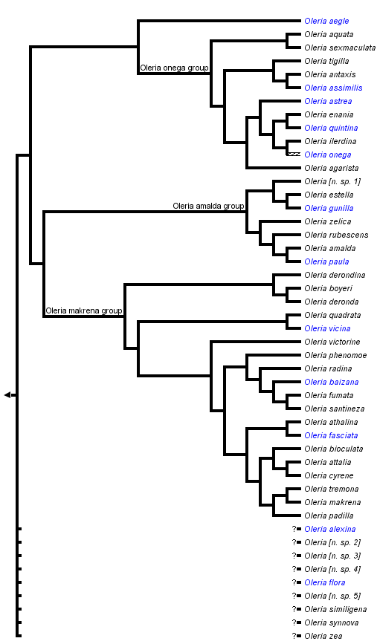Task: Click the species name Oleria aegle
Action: (x=326, y=21)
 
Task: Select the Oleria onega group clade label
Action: (x=174, y=68)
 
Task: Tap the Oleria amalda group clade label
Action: (x=208, y=206)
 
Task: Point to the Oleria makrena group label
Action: (x=84, y=310)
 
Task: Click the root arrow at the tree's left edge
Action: (x=7, y=394)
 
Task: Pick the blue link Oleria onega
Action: (x=328, y=155)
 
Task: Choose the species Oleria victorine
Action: (x=332, y=342)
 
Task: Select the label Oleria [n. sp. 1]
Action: (x=332, y=181)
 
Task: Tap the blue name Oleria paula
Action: (x=326, y=261)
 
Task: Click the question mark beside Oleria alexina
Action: (x=294, y=529)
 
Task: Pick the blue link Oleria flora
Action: (x=324, y=582)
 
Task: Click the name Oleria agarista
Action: (x=331, y=168)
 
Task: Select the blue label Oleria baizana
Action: (x=331, y=382)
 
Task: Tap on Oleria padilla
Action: (x=329, y=515)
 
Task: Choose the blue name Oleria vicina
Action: (x=327, y=328)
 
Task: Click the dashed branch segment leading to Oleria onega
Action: (x=293, y=155)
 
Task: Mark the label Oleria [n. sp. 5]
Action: (x=332, y=596)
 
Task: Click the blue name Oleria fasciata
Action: (x=331, y=435)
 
